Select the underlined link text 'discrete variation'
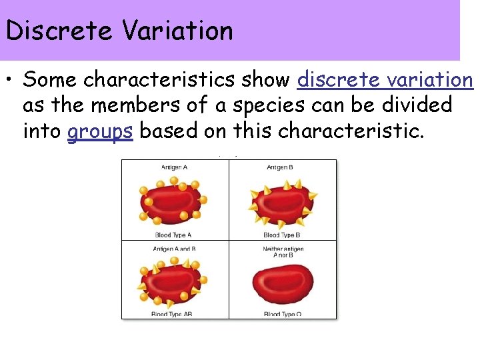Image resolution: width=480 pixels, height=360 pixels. pyautogui.click(x=385, y=80)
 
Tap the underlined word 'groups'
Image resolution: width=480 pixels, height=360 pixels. pyautogui.click(x=100, y=131)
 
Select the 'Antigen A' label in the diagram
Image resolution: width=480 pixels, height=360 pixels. pyautogui.click(x=175, y=167)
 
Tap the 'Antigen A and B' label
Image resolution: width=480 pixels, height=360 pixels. pyautogui.click(x=175, y=249)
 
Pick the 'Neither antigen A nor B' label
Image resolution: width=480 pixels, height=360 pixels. pyautogui.click(x=283, y=252)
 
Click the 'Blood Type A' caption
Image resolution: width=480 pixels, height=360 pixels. pyautogui.click(x=174, y=235)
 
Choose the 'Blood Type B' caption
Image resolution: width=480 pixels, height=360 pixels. pyautogui.click(x=282, y=235)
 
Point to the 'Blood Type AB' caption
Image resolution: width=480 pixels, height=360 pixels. pyautogui.click(x=173, y=314)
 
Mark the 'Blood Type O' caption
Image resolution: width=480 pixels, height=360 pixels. pyautogui.click(x=282, y=314)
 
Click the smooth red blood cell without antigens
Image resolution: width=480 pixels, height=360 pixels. pyautogui.click(x=283, y=284)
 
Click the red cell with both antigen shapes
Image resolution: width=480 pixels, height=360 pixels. pyautogui.click(x=172, y=281)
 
